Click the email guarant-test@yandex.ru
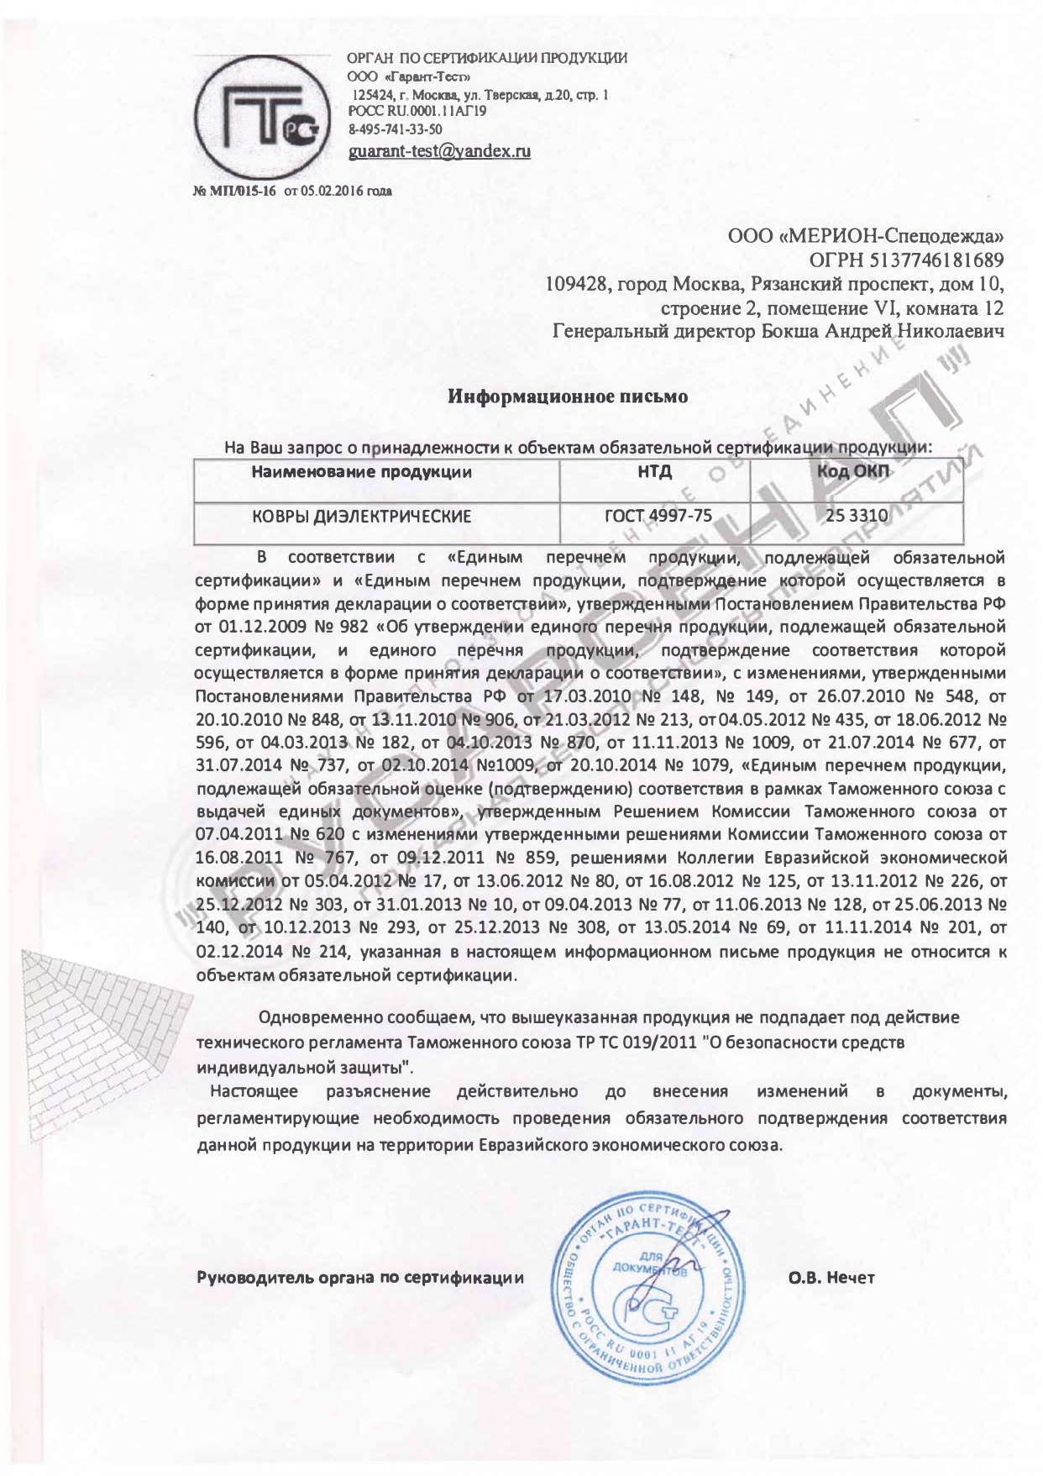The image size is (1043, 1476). coord(439,152)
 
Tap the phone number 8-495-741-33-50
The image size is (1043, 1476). coord(395,129)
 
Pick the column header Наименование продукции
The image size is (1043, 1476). coord(362,472)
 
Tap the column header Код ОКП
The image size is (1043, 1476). coord(855,472)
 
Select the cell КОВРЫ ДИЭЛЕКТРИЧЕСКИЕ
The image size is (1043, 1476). coord(362,516)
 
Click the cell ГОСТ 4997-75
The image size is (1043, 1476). coord(658,516)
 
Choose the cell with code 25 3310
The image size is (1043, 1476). coord(857,516)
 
